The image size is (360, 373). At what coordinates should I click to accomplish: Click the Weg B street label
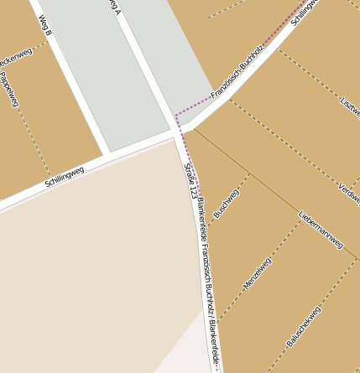44,27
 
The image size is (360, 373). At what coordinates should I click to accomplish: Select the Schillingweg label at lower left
64,174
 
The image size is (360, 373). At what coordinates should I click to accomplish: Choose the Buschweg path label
227,204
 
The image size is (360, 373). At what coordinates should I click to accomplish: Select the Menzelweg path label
258,273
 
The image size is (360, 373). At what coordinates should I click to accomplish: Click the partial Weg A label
116,8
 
